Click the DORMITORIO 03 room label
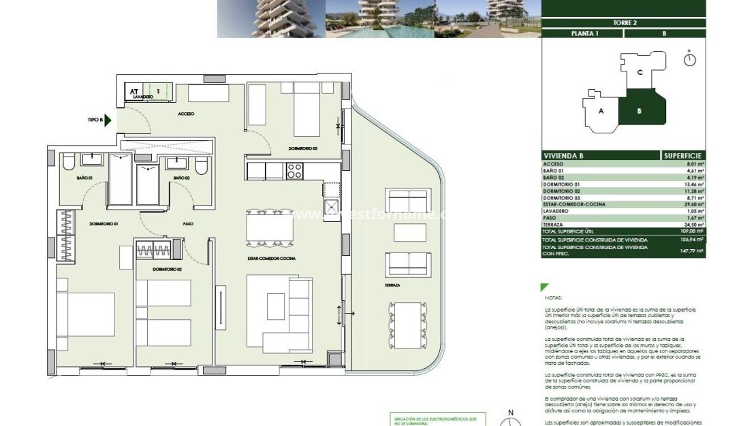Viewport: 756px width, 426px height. [x=303, y=148]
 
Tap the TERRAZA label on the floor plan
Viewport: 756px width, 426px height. [x=392, y=285]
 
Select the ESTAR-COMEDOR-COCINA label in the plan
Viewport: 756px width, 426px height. [x=271, y=259]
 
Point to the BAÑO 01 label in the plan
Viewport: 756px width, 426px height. [x=84, y=178]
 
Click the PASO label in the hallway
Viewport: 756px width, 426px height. [x=189, y=223]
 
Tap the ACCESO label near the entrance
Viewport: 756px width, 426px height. [x=185, y=114]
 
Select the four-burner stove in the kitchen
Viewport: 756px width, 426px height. [x=294, y=171]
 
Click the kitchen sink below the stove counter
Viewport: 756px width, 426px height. [x=331, y=207]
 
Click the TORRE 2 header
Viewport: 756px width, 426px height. [x=624, y=22]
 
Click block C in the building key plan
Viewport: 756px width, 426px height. [x=640, y=72]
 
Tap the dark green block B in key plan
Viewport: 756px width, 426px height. [x=639, y=111]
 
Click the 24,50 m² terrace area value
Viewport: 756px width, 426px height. [x=692, y=225]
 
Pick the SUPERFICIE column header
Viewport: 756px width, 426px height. [x=683, y=156]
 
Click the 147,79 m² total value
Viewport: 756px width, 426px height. [x=692, y=250]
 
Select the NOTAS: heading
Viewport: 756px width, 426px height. [x=554, y=298]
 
